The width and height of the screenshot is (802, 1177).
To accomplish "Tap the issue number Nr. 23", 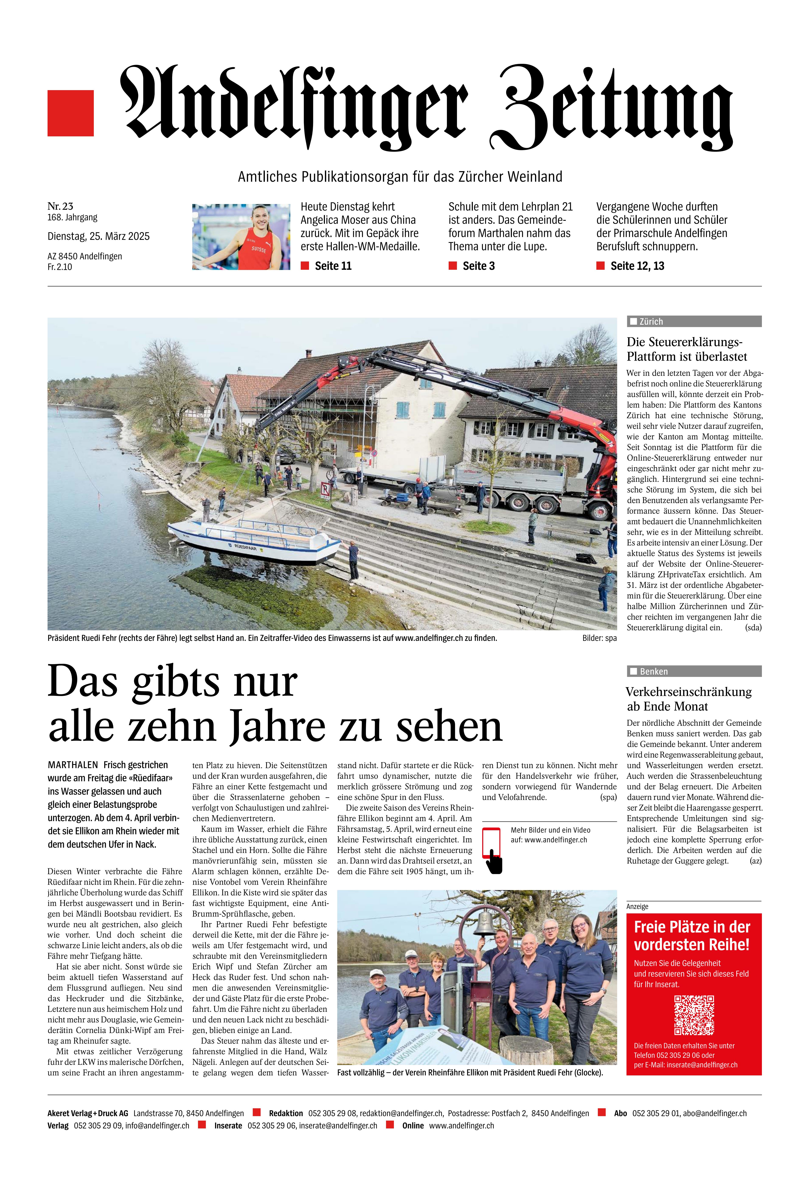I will [60, 206].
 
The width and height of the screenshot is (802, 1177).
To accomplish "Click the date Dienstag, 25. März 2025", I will [98, 236].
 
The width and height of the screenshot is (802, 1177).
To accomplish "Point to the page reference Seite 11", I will [333, 266].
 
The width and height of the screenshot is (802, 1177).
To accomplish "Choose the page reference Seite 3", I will [478, 266].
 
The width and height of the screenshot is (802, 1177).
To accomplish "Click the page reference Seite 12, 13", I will [637, 266].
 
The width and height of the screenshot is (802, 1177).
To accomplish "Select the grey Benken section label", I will [694, 672].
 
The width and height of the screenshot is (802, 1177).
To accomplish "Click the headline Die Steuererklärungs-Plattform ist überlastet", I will [686, 349].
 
